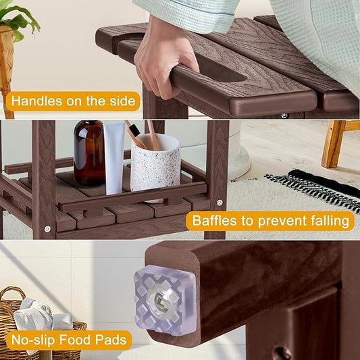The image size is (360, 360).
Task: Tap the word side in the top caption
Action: pyautogui.click(x=122, y=101)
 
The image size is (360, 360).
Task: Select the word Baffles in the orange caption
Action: pyautogui.click(x=214, y=221)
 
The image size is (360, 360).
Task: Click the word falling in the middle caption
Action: pyautogui.click(x=327, y=221)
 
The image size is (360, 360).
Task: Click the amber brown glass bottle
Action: pyautogui.click(x=88, y=153)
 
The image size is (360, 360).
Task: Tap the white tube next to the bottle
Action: pyautogui.click(x=113, y=158)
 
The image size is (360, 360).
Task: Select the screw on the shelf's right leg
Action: pyautogui.click(x=217, y=203)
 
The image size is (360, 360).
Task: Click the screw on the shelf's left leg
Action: pyautogui.click(x=47, y=228)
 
